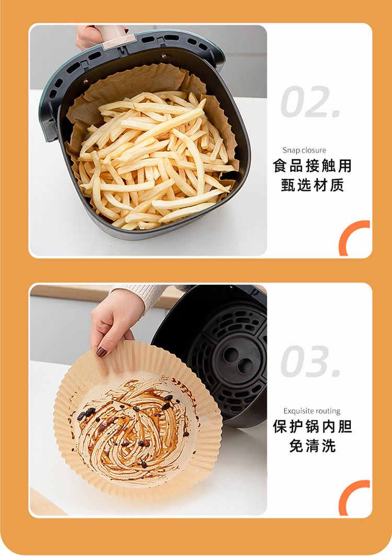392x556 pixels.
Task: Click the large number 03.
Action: (310, 361)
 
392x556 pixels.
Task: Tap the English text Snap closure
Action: (304, 150)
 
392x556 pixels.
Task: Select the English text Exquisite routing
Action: (312, 411)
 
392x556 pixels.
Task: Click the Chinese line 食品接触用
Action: (312, 165)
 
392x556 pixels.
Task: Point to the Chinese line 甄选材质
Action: (312, 185)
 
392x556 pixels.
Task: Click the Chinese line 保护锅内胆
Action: (312, 426)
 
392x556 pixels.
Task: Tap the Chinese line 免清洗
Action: (312, 446)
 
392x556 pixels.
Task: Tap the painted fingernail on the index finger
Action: (101, 352)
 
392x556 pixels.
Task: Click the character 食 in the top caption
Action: (280, 165)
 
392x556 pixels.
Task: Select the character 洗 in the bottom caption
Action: (328, 446)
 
